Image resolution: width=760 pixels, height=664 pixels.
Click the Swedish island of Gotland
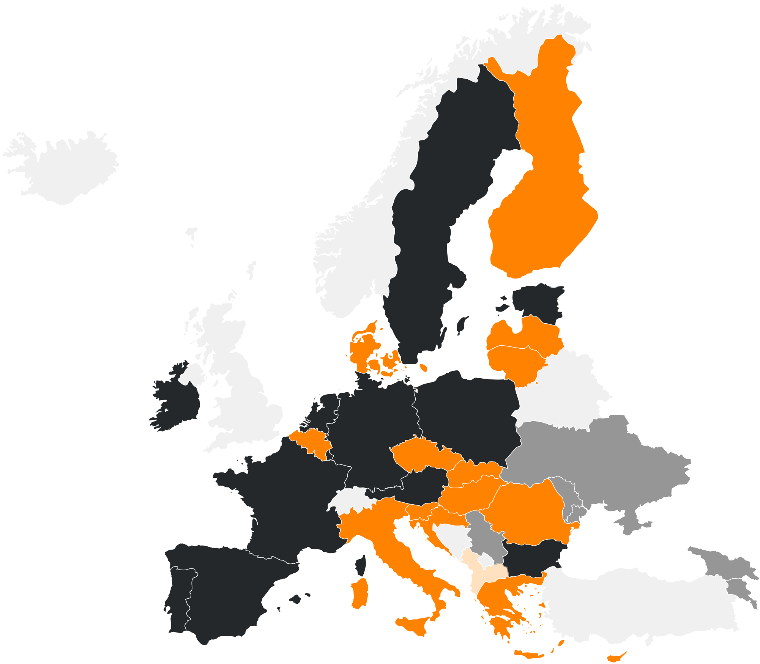[462, 325]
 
